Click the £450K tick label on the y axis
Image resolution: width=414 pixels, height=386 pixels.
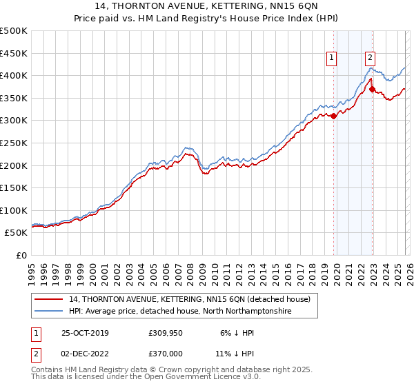(x=14, y=53)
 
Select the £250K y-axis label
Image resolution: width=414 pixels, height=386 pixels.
(x=14, y=143)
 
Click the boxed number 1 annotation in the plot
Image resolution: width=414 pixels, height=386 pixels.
(x=332, y=59)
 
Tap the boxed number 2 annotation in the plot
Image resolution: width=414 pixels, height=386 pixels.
(x=371, y=59)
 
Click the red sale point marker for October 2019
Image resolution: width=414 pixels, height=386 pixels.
(x=334, y=116)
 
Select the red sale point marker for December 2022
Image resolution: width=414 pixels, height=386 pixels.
(x=372, y=89)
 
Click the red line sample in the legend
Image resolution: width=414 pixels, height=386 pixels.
(x=50, y=300)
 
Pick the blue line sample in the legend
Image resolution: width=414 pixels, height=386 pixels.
(x=50, y=312)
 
